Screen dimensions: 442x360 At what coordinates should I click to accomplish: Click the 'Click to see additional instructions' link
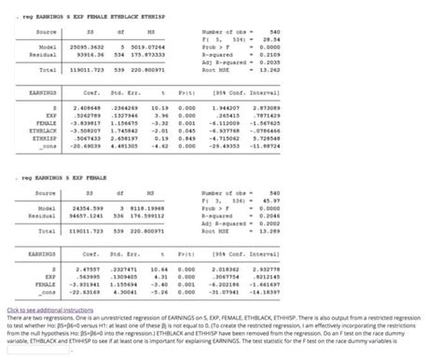click(45, 308)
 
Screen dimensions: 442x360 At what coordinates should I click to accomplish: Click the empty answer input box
click(37, 352)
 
